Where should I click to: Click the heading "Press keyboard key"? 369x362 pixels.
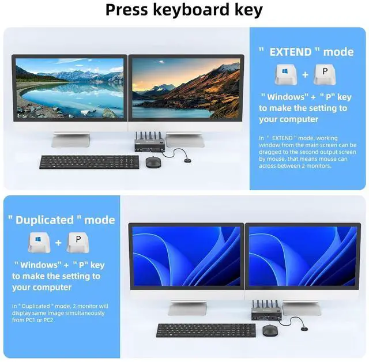point(184,10)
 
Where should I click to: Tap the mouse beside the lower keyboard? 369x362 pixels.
point(269,330)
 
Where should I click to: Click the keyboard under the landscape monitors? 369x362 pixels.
point(89,162)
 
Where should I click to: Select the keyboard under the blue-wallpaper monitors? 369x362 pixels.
point(206,330)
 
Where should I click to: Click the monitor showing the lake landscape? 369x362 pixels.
point(69,89)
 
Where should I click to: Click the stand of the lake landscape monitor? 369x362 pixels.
point(70,139)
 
